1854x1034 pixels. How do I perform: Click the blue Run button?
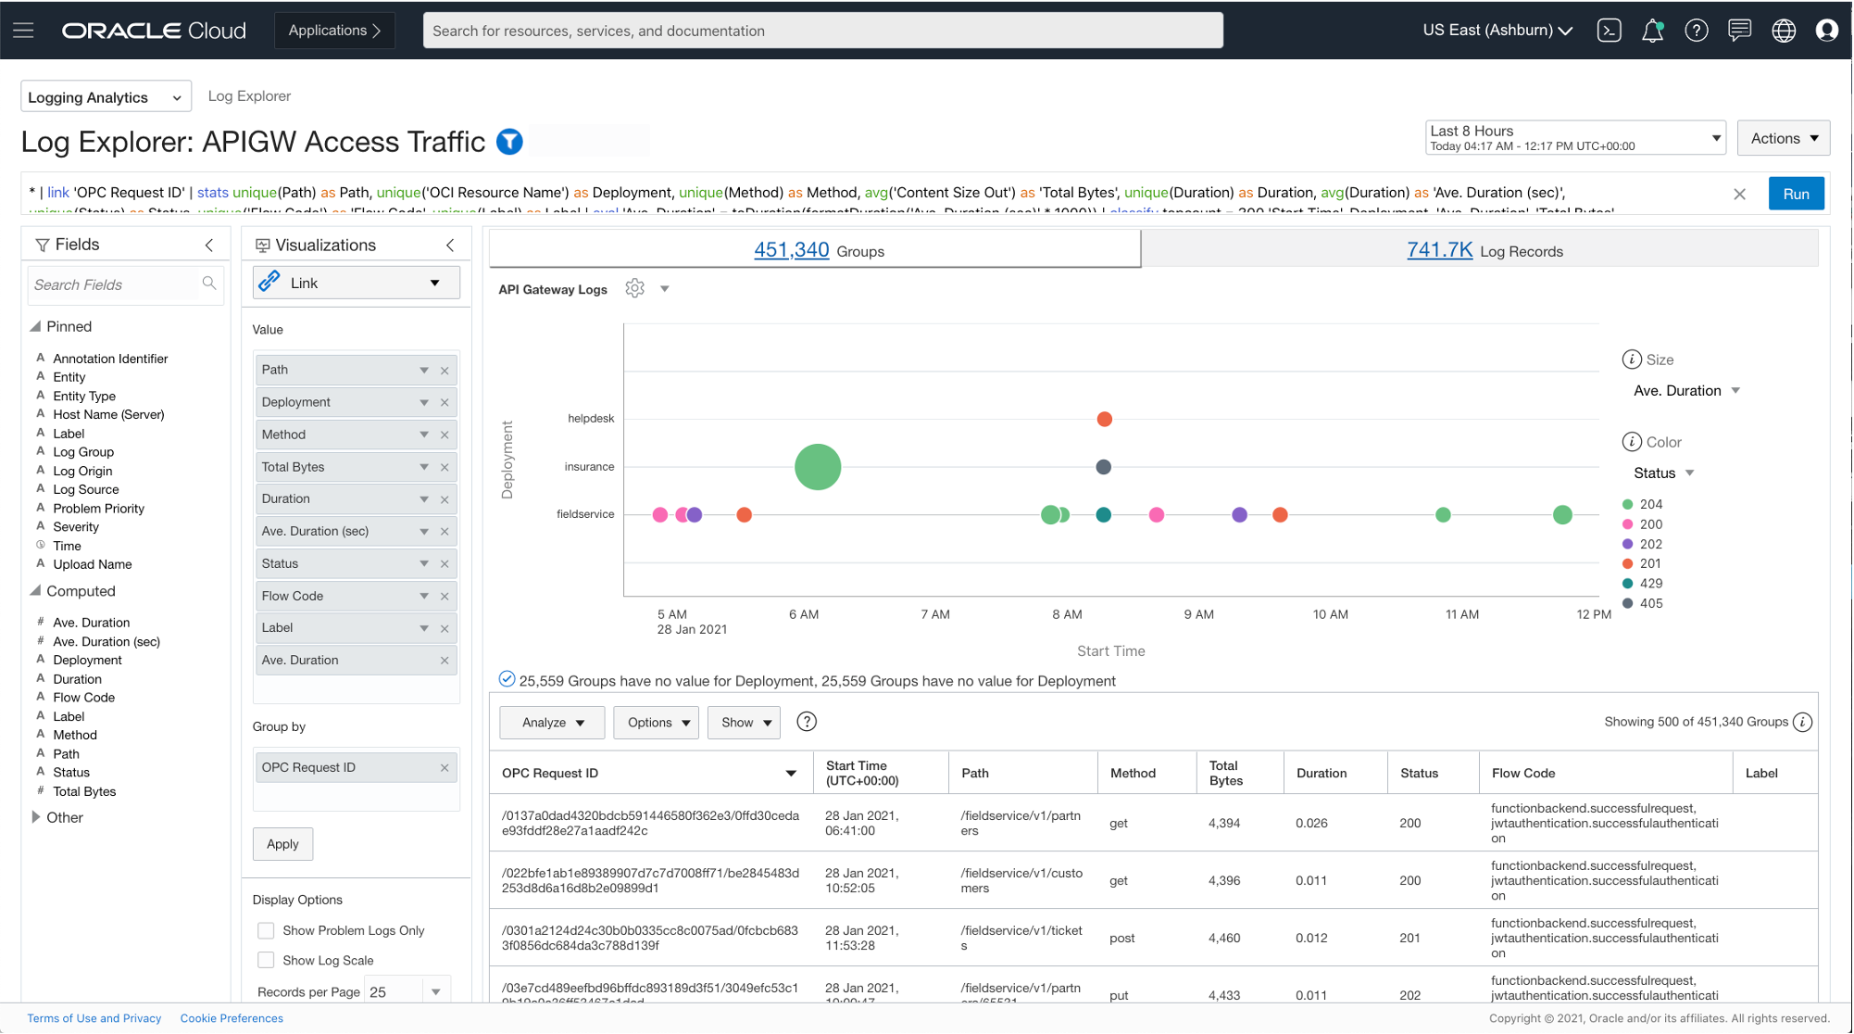(x=1796, y=194)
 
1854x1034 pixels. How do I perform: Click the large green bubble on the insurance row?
(x=818, y=467)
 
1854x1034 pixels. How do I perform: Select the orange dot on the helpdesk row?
(x=1104, y=420)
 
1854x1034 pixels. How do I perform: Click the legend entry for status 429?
(x=1650, y=584)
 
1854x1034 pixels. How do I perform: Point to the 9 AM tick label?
(x=1198, y=614)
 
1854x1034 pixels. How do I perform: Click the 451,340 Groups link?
(x=791, y=250)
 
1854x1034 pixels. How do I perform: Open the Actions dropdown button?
(x=1784, y=138)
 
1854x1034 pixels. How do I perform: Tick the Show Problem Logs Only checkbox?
(x=266, y=930)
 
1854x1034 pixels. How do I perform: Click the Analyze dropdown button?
(x=552, y=723)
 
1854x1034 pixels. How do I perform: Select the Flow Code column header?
(x=1523, y=773)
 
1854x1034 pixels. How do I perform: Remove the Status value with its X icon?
(x=445, y=564)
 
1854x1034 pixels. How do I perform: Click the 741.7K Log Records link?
(x=1439, y=250)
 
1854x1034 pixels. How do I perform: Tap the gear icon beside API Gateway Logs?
(x=634, y=289)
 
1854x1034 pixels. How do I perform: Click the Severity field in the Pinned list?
(x=76, y=527)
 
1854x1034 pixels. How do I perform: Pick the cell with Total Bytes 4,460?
(x=1224, y=938)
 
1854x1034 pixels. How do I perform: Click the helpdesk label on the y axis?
(x=591, y=419)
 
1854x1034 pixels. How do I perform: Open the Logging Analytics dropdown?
(x=106, y=97)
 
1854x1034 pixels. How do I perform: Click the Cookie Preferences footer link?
(x=232, y=1018)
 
